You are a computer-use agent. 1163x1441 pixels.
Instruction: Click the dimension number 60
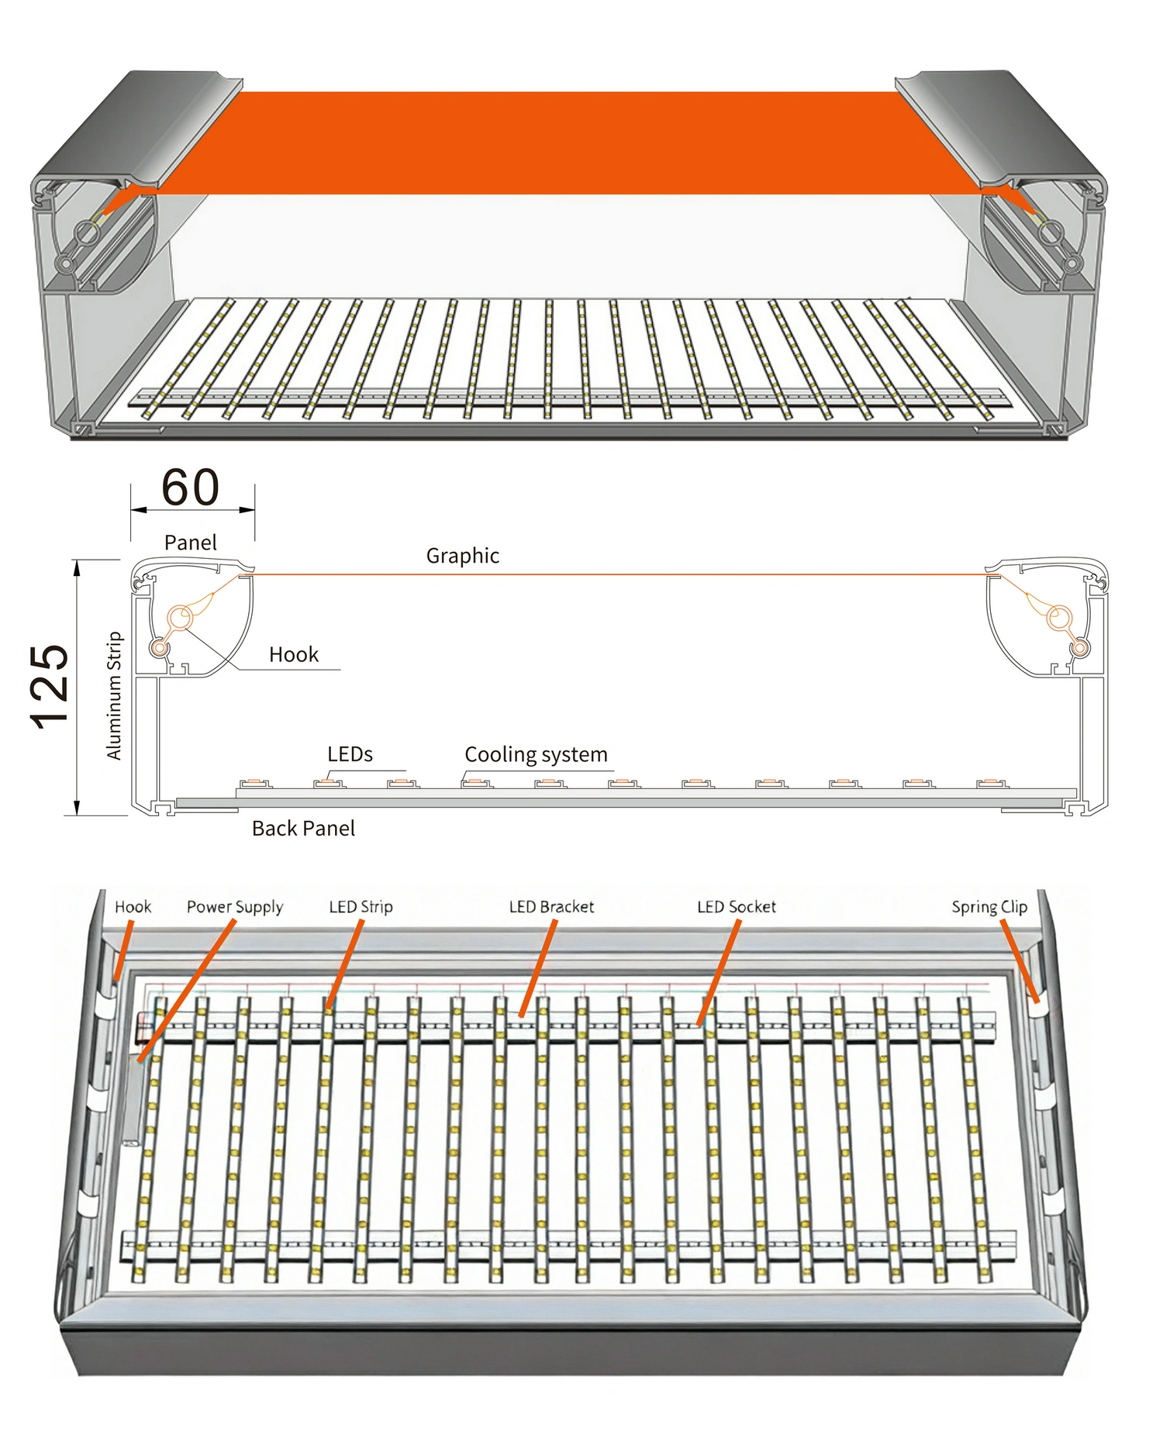click(191, 488)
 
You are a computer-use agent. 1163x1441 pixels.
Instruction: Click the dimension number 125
click(50, 687)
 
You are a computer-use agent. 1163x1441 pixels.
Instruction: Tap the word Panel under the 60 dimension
click(191, 543)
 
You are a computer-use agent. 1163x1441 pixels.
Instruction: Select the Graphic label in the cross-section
click(462, 556)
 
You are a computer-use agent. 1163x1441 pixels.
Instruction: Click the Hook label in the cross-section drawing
click(294, 655)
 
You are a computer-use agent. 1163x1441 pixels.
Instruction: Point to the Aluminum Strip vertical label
click(115, 695)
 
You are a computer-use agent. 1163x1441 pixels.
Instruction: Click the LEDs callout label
click(350, 754)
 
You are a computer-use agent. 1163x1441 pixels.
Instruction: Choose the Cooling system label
click(536, 754)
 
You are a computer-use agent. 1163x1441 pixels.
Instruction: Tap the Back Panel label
click(303, 829)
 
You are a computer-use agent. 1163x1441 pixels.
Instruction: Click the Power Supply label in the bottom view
click(235, 907)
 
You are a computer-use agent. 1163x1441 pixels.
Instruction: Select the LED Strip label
click(361, 907)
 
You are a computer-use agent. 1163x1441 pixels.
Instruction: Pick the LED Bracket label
click(551, 907)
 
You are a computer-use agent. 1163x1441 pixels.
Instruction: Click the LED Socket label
click(736, 907)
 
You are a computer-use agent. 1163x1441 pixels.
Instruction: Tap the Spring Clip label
click(989, 907)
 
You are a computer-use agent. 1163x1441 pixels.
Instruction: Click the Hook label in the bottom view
click(133, 907)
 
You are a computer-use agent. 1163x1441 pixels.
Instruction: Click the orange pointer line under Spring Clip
click(1020, 961)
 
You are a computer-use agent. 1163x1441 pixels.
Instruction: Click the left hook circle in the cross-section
click(181, 618)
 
